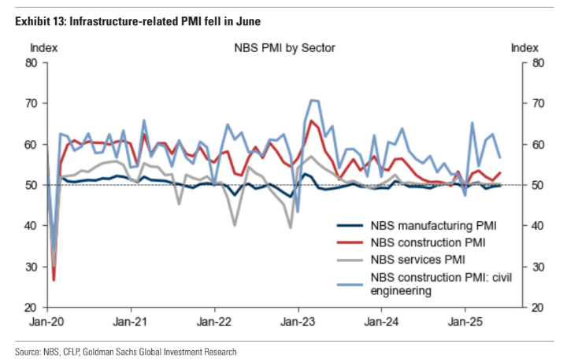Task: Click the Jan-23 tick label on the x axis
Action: pyautogui.click(x=296, y=322)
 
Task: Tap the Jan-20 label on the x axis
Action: pyautogui.click(x=46, y=322)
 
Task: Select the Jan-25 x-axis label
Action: pyautogui.click(x=465, y=322)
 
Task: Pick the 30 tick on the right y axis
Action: pyautogui.click(x=535, y=267)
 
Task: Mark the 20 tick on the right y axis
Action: pyautogui.click(x=535, y=308)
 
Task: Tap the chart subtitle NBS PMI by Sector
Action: pyautogui.click(x=284, y=48)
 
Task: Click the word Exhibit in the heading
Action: pyautogui.click(x=34, y=20)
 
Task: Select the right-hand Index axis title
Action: pyautogui.click(x=525, y=48)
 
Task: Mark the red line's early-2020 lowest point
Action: pyautogui.click(x=54, y=280)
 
